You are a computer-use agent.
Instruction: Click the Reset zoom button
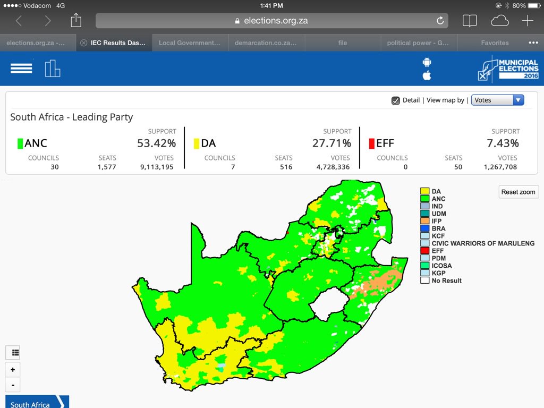pyautogui.click(x=519, y=192)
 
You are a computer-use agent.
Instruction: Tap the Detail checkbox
pyautogui.click(x=396, y=100)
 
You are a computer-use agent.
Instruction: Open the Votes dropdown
pyautogui.click(x=497, y=100)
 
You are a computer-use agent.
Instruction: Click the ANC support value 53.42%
pyautogui.click(x=156, y=143)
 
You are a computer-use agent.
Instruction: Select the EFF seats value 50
pyautogui.click(x=457, y=167)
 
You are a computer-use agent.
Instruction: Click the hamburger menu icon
pyautogui.click(x=21, y=69)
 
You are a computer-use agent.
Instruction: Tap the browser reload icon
pyautogui.click(x=440, y=21)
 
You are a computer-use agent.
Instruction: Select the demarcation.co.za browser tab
pyautogui.click(x=266, y=43)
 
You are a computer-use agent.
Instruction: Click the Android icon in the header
pyautogui.click(x=427, y=62)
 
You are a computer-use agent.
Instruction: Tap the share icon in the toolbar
pyautogui.click(x=76, y=21)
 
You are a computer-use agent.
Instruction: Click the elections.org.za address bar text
pyautogui.click(x=276, y=21)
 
